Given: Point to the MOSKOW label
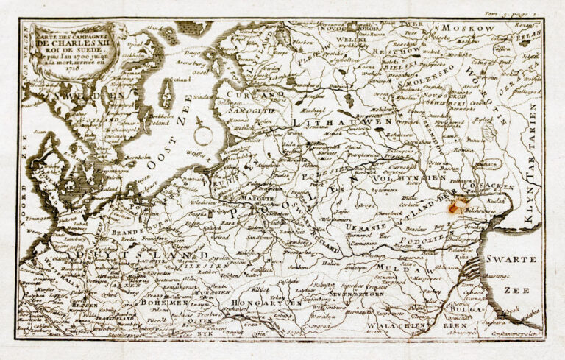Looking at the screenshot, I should click(x=477, y=28).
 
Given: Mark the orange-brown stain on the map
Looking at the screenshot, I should click(x=461, y=208).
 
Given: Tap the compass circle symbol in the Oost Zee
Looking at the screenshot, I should click(x=203, y=134).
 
